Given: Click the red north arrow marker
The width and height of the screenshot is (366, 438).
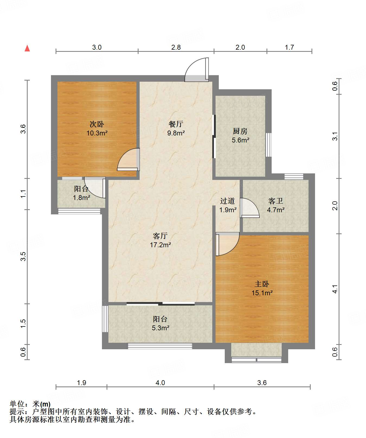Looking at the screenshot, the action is pyautogui.click(x=27, y=48).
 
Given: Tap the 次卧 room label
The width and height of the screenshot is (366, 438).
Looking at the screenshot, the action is pyautogui.click(x=97, y=124).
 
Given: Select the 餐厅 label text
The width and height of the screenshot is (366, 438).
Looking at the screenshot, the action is pyautogui.click(x=176, y=124).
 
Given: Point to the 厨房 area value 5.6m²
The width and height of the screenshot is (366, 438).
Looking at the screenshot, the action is pyautogui.click(x=240, y=140).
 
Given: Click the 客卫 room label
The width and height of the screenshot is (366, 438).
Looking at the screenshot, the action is pyautogui.click(x=276, y=201).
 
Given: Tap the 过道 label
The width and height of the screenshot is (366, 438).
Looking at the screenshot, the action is pyautogui.click(x=227, y=201).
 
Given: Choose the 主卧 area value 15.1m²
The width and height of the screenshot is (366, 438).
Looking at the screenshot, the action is pyautogui.click(x=262, y=293).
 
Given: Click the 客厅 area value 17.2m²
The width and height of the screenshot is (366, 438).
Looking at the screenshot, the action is pyautogui.click(x=160, y=245).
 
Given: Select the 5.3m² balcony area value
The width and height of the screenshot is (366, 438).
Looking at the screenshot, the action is pyautogui.click(x=160, y=328).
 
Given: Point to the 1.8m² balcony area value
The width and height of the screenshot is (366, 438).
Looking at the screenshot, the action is pyautogui.click(x=81, y=198).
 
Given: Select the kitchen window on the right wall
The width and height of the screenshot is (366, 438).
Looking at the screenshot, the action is pyautogui.click(x=268, y=145).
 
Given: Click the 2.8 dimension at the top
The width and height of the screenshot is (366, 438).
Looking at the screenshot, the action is pyautogui.click(x=176, y=47).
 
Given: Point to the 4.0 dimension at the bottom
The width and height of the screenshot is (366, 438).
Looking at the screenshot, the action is pyautogui.click(x=160, y=383).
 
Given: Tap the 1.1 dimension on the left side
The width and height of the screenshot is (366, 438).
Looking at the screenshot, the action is pyautogui.click(x=23, y=194).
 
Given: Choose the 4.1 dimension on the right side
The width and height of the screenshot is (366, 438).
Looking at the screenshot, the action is pyautogui.click(x=335, y=289).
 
